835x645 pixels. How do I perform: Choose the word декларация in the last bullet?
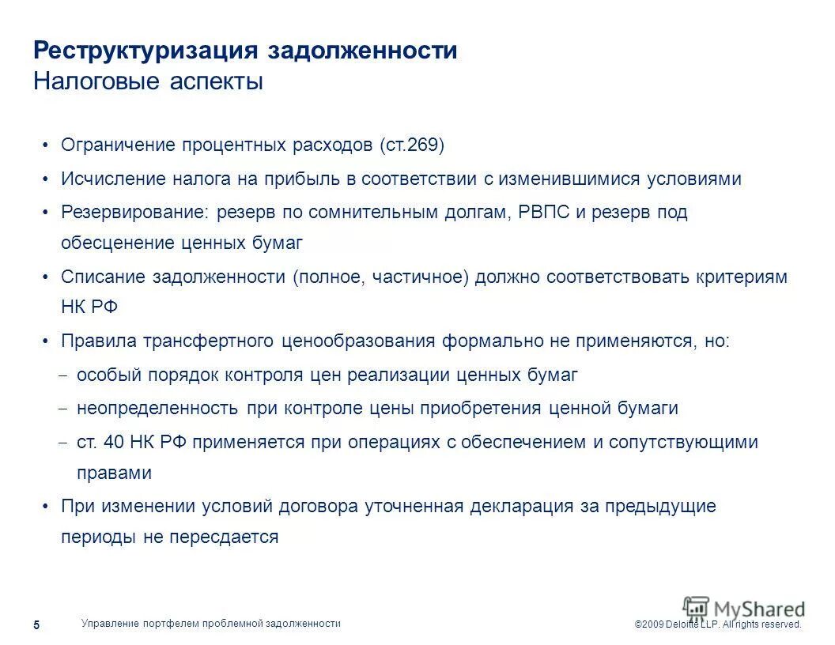tap(522, 506)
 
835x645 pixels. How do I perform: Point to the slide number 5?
tap(36, 625)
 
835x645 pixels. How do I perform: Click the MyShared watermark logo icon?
tap(696, 608)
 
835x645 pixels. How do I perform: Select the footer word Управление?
tap(110, 624)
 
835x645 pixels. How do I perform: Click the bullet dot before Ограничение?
tap(46, 145)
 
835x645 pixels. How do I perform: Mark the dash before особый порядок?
tap(64, 375)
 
